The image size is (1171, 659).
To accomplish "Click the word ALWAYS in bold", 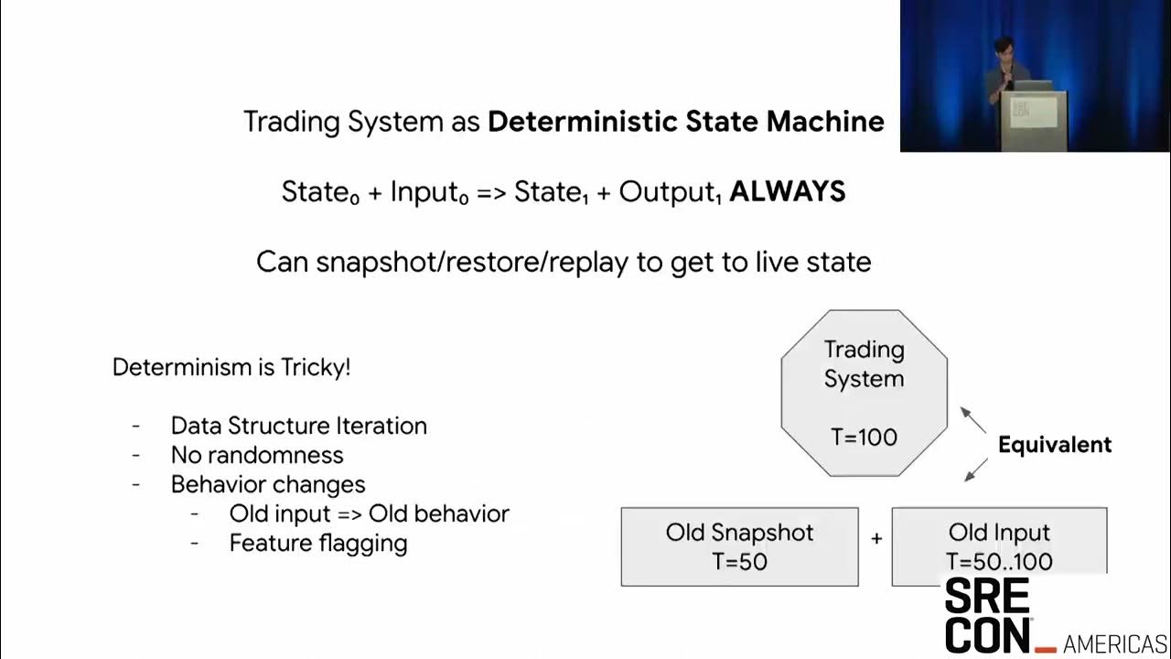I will click(787, 191).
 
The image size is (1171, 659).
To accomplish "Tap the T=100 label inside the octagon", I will click(864, 437).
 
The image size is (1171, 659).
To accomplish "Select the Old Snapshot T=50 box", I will click(739, 546).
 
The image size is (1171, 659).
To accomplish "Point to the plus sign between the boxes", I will click(876, 539).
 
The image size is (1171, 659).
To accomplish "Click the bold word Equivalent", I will click(1054, 445).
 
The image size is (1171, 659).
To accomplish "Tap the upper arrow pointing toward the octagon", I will click(973, 420).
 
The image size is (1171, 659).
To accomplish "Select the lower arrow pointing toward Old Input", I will click(976, 470).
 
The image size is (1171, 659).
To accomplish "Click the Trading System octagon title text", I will click(864, 363).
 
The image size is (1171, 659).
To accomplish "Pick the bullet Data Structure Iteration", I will click(298, 426).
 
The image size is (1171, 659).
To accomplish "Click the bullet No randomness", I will click(257, 455).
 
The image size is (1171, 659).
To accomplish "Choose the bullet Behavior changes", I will click(268, 484).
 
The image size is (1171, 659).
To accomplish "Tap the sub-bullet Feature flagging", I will click(317, 543).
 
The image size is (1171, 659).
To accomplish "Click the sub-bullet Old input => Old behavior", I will click(369, 513).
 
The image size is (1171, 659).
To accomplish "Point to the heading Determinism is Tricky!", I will click(231, 367).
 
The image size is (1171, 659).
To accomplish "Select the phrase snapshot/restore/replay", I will click(472, 262).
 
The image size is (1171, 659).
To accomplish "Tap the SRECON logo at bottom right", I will click(987, 615).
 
